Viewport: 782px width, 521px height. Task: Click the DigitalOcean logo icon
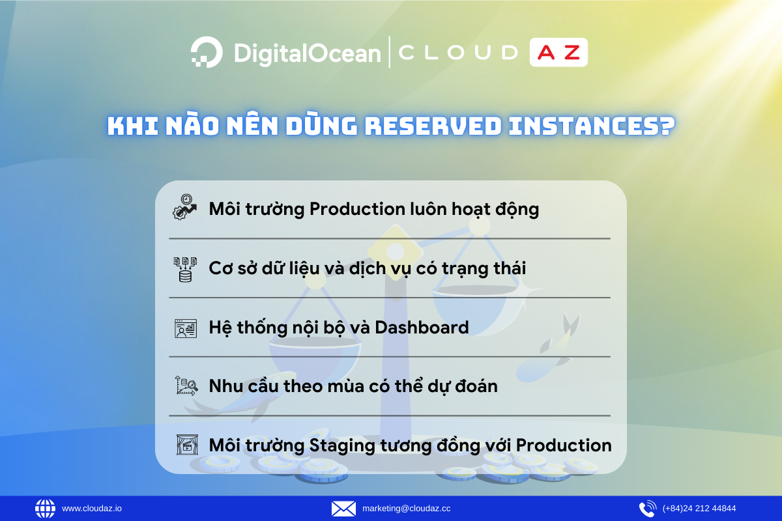(207, 52)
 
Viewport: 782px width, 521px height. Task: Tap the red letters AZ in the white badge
(558, 53)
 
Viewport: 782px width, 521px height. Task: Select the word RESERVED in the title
(433, 126)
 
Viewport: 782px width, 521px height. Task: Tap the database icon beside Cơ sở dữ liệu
(184, 268)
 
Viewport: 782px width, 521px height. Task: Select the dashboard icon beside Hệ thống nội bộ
(185, 328)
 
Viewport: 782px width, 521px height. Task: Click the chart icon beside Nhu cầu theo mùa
(185, 386)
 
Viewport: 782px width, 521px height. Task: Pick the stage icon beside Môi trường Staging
(185, 445)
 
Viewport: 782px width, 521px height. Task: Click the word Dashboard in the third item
(422, 327)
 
